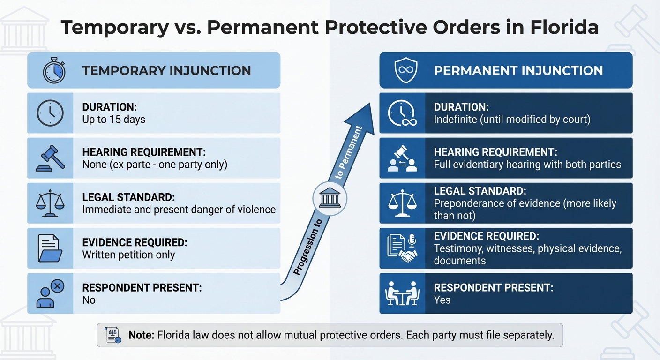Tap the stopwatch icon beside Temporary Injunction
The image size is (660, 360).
(53, 71)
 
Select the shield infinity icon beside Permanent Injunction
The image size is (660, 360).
(405, 71)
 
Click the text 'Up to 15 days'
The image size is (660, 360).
(114, 120)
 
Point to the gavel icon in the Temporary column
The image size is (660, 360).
(50, 158)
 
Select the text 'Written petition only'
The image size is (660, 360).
(128, 255)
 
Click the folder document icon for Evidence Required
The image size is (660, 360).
(50, 248)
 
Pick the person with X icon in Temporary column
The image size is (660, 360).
(50, 293)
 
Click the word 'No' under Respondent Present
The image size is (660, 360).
(89, 300)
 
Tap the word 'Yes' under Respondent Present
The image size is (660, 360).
(442, 300)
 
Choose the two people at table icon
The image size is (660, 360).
(402, 293)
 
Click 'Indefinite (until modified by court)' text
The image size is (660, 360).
(512, 120)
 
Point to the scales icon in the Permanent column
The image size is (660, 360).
(402, 203)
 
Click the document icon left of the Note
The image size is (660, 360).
(113, 335)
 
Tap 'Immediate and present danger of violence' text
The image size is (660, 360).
(179, 210)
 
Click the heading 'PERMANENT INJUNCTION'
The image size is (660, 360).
(518, 71)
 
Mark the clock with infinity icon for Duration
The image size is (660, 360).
(402, 113)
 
